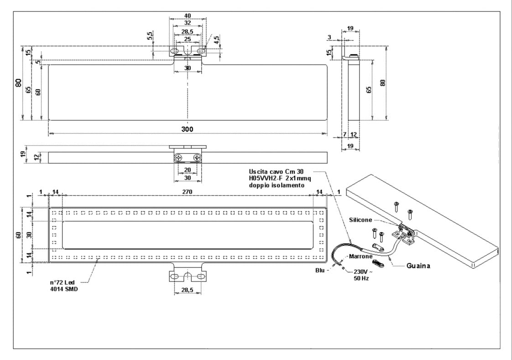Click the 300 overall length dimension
[187, 129]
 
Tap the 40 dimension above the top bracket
[187, 15]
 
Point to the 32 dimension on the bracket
[187, 22]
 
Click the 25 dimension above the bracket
[187, 39]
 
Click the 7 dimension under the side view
[344, 135]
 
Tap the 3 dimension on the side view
[329, 37]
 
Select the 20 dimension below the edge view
[187, 170]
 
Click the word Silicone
[360, 220]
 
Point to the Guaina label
[418, 266]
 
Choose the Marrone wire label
[362, 256]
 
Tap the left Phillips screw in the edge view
[178, 157]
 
